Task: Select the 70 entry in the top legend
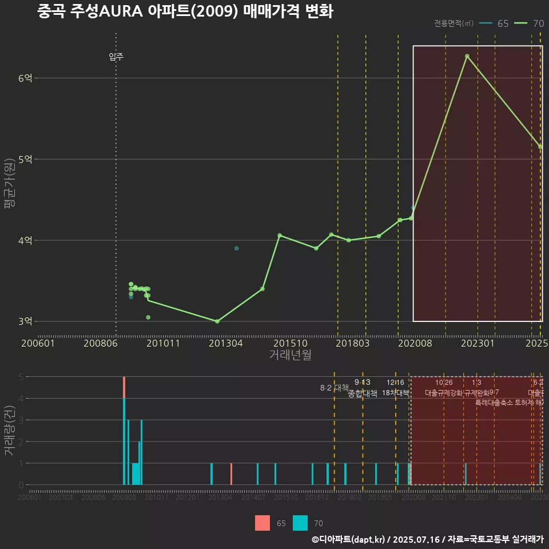point(529,23)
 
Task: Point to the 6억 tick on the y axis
point(25,78)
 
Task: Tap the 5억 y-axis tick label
point(25,160)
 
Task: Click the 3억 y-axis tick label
point(25,321)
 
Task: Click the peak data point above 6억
point(467,56)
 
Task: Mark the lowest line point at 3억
point(217,321)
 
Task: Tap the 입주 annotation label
point(116,57)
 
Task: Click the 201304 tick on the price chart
point(225,343)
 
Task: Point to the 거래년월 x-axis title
point(290,355)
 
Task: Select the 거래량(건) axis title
point(9,431)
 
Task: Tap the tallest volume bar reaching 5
point(124,430)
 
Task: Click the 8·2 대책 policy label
point(335,388)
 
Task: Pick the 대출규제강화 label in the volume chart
point(443,393)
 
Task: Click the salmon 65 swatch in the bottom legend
point(262,523)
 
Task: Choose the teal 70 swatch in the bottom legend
point(300,523)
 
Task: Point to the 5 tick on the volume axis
point(21,377)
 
